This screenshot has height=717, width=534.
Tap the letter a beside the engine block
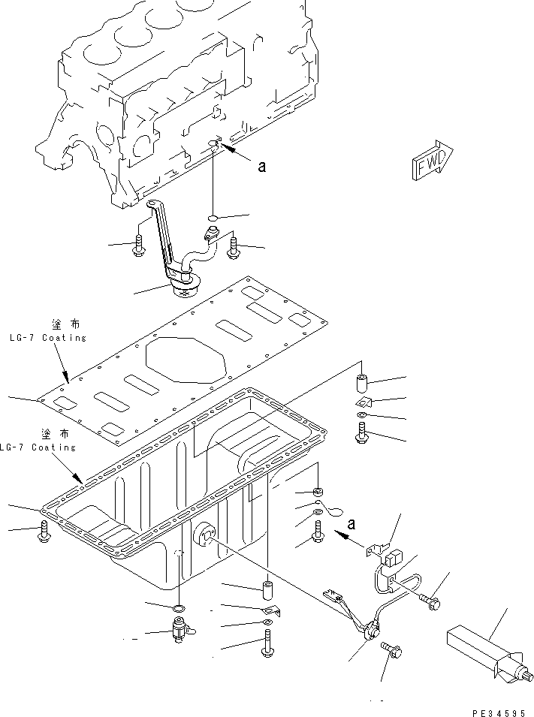(x=261, y=167)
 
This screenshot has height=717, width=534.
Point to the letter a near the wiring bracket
(x=351, y=523)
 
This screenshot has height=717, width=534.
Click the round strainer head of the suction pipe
(x=184, y=285)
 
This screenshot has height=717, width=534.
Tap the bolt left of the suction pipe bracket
(x=139, y=246)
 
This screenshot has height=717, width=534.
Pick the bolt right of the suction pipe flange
(x=232, y=247)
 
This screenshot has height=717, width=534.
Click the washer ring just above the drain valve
(x=179, y=606)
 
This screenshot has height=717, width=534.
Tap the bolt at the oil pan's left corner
(x=43, y=532)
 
